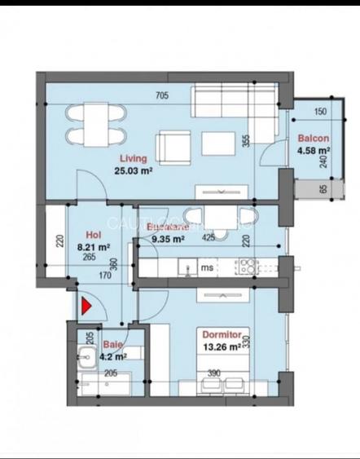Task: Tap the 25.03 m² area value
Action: point(134,171)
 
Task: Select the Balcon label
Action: point(313,139)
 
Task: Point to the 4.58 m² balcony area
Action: point(313,151)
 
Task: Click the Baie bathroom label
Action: point(112,345)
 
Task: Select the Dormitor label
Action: point(222,335)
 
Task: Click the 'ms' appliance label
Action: point(208,266)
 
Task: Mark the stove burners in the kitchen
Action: point(247,265)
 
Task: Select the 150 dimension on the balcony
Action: point(319,112)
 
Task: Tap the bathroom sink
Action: point(85,355)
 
